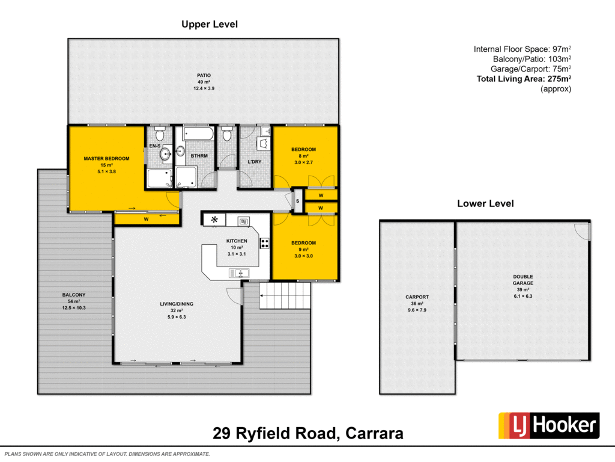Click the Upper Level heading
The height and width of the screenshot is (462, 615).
[210, 25]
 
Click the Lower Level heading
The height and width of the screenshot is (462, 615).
[485, 203]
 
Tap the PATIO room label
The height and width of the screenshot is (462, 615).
[204, 75]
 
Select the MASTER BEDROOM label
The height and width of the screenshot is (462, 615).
[106, 159]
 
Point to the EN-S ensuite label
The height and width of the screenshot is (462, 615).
[155, 146]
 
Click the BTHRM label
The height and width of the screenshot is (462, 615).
[198, 155]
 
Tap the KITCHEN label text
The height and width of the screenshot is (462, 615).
[236, 241]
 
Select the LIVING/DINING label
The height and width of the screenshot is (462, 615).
[176, 304]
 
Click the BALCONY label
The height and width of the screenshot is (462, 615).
[74, 295]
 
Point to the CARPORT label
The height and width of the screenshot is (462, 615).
[417, 297]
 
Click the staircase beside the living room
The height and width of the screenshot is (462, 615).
[286, 296]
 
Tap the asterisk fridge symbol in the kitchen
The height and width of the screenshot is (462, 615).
[214, 220]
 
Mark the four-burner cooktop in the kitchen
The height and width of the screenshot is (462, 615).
[264, 244]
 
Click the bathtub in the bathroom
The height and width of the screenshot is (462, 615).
[198, 133]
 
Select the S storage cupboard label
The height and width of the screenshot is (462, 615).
[297, 201]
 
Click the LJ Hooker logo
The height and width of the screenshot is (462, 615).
[548, 425]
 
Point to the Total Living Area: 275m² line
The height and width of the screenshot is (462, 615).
[523, 78]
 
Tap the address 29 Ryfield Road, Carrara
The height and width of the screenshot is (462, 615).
[308, 434]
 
